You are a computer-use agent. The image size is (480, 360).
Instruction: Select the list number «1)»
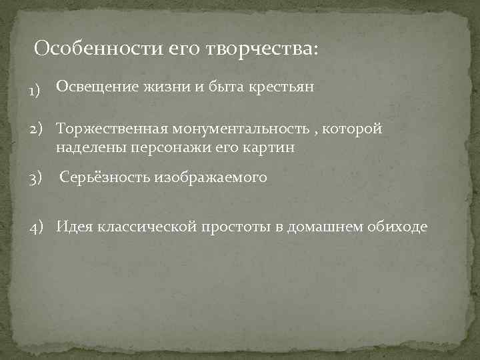pos(35,91)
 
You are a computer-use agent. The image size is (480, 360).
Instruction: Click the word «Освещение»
pos(97,87)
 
